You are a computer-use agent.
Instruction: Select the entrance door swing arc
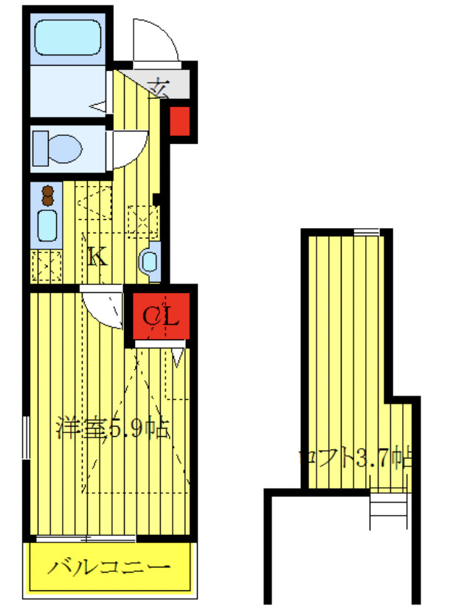tap(156, 40)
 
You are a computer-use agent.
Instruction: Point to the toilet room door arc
tap(131, 148)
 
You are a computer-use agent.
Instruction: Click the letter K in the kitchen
tap(97, 258)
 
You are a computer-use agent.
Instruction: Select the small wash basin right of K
tap(149, 261)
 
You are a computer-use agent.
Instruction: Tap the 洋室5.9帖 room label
tap(112, 428)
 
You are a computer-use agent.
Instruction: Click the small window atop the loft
tap(364, 232)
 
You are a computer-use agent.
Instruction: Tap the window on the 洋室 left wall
tap(27, 442)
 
